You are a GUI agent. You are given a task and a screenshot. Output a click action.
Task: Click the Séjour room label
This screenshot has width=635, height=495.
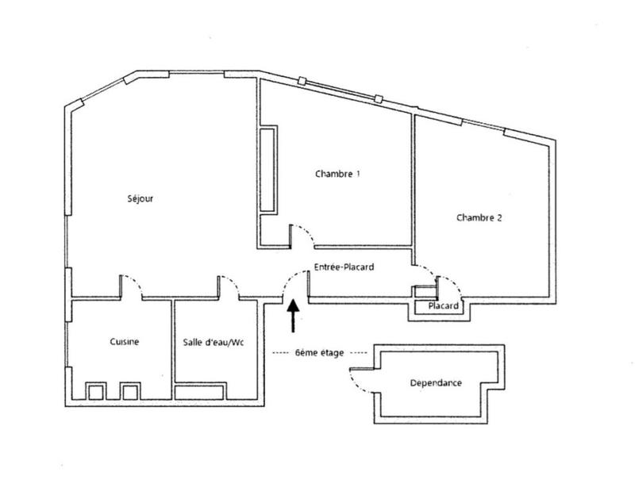pos(140,199)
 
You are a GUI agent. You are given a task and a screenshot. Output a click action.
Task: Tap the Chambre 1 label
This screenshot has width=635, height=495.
pos(337,174)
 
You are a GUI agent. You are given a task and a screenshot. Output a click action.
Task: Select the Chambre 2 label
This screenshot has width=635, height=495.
pos(479,217)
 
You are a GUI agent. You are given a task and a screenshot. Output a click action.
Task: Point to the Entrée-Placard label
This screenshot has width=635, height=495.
pos(344,267)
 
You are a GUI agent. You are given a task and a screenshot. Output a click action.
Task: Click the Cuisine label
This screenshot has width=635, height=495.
pos(125,342)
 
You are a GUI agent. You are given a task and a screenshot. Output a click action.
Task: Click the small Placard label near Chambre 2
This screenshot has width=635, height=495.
pos(442,306)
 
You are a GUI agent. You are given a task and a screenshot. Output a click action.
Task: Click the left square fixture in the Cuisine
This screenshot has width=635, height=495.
pos(96,391)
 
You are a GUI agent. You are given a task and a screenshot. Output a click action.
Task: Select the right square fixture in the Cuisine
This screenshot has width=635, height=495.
pos(129,391)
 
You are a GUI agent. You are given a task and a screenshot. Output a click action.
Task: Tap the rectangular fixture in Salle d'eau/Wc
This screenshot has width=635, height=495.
pos(198,391)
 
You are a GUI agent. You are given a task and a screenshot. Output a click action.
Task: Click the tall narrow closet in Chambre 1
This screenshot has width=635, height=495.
pos(267,168)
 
